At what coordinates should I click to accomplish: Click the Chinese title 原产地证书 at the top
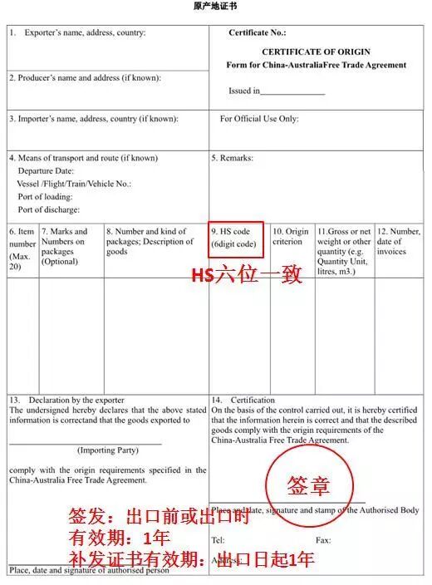click(215, 6)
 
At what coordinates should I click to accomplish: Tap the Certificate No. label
click(257, 33)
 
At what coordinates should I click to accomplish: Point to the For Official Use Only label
click(258, 119)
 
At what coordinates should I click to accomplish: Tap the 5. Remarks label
click(233, 158)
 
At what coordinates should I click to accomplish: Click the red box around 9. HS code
click(237, 238)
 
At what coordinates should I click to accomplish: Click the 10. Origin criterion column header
click(291, 236)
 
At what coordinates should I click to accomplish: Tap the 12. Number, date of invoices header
click(398, 241)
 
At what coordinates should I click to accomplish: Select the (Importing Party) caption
click(108, 450)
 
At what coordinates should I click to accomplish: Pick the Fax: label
click(323, 540)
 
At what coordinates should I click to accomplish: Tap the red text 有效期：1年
click(121, 538)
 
